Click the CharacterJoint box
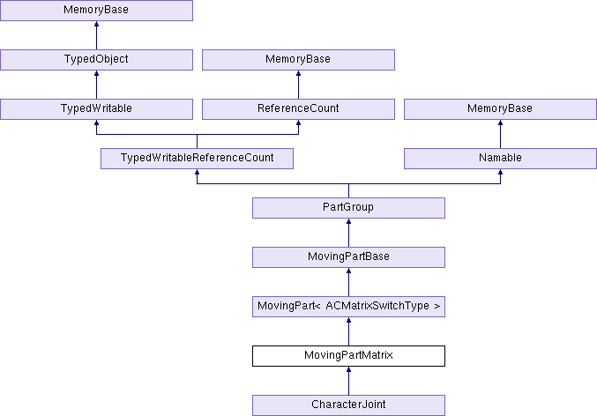click(348, 405)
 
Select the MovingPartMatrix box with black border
click(348, 356)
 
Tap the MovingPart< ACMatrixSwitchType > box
click(348, 307)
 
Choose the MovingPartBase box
click(348, 256)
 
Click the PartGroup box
click(348, 208)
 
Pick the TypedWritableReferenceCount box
click(197, 159)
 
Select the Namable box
click(500, 159)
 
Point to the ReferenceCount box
click(298, 109)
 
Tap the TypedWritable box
click(96, 109)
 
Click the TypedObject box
click(96, 60)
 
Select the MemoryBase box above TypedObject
click(96, 11)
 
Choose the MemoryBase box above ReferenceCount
click(298, 60)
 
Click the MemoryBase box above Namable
click(500, 109)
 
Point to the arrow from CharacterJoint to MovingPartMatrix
click(348, 381)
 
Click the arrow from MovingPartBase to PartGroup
click(348, 233)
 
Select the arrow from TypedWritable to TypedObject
click(96, 85)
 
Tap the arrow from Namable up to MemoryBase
click(500, 134)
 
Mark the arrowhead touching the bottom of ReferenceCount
click(298, 123)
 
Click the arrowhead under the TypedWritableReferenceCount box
click(197, 172)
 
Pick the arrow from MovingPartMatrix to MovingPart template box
click(348, 331)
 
